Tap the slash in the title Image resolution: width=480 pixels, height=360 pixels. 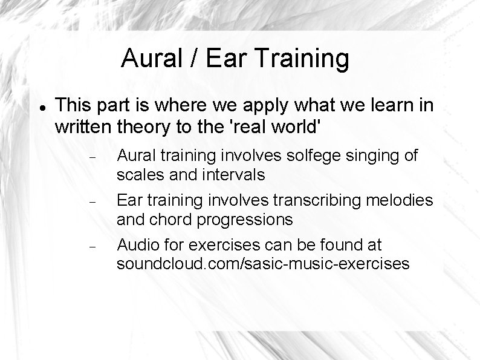click(193, 59)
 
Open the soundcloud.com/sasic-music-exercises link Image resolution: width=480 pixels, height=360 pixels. click(262, 264)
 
